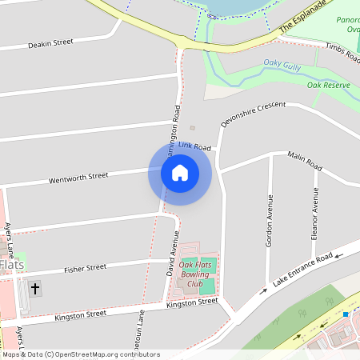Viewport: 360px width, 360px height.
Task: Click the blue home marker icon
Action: pyautogui.click(x=180, y=173)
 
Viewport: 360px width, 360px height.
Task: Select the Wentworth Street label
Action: pyautogui.click(x=78, y=176)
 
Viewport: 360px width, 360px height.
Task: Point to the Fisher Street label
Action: pyautogui.click(x=86, y=268)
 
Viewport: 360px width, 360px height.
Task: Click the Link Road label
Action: pyautogui.click(x=194, y=147)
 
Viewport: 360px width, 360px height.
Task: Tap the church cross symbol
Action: pyautogui.click(x=34, y=288)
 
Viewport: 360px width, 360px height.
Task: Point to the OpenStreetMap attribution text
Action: pyautogui.click(x=80, y=354)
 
